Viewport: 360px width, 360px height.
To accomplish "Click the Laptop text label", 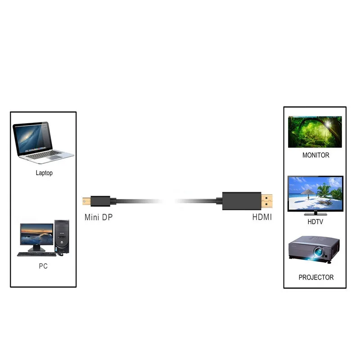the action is [44, 173].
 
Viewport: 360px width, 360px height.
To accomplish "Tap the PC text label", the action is [43, 266].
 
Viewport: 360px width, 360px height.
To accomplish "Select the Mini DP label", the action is [99, 217].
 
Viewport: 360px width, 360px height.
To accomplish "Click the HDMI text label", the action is [261, 217].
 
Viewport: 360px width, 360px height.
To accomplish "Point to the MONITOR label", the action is [315, 155].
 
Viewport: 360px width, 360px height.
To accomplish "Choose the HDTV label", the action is [315, 222].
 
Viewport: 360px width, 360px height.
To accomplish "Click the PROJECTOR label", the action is [316, 277].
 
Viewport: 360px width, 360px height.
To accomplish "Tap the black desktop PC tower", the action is [62, 236].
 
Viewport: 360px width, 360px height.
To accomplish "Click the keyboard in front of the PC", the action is [36, 254].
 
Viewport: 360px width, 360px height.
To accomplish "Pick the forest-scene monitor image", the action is [315, 132].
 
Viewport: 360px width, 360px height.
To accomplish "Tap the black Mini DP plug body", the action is [97, 199].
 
